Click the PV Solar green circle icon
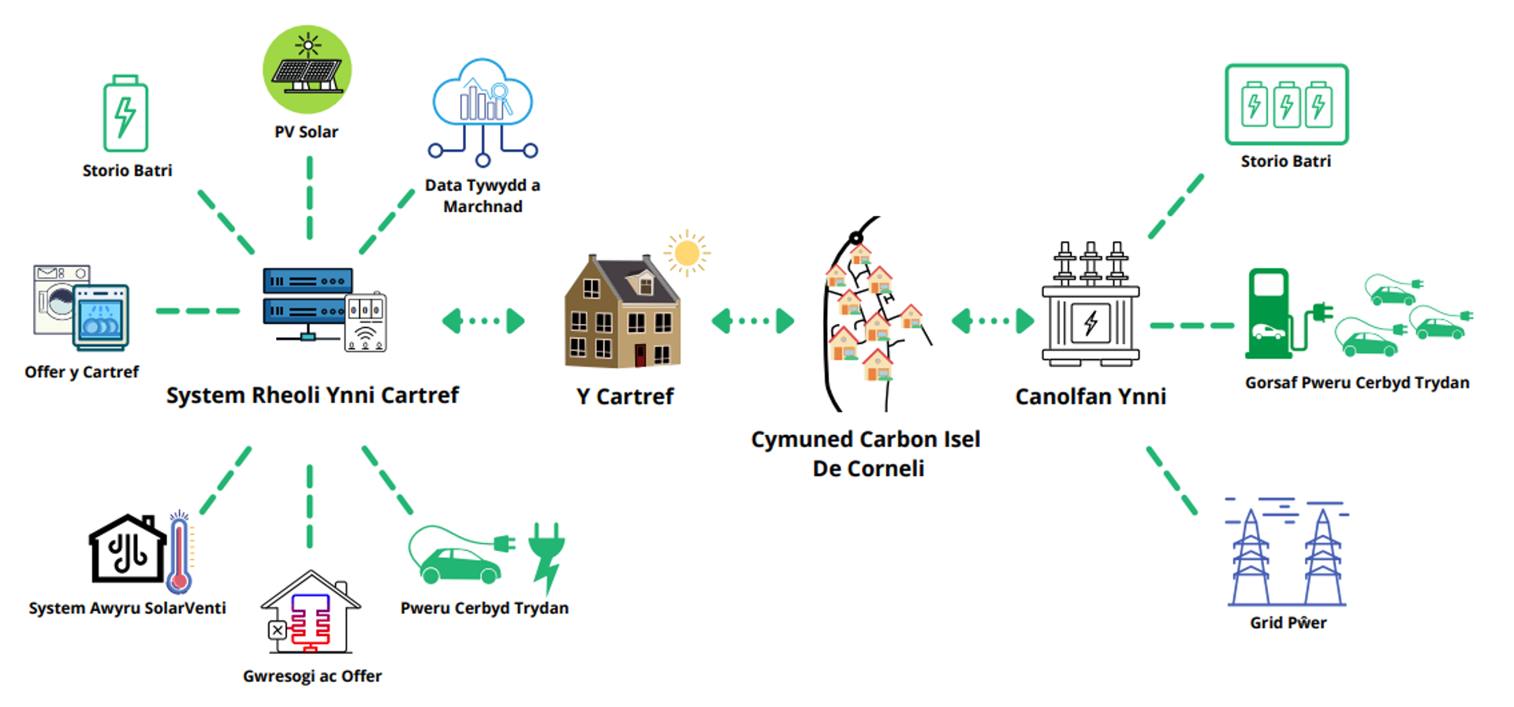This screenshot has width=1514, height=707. tap(307, 69)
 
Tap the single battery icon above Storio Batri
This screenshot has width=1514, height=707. tap(125, 114)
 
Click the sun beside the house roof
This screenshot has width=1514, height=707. tap(686, 253)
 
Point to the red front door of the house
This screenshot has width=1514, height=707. tap(640, 355)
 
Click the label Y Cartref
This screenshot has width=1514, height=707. tap(625, 396)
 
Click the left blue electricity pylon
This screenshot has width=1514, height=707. tap(1251, 558)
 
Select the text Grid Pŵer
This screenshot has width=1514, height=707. tap(1288, 623)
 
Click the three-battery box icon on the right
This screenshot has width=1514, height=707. tap(1286, 105)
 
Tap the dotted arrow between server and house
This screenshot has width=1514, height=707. tap(483, 321)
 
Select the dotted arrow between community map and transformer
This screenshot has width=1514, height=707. tap(993, 321)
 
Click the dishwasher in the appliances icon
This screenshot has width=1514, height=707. tap(101, 318)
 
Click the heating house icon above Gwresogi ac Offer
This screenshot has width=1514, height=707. tap(311, 612)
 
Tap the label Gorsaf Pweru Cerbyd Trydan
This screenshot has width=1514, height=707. tap(1356, 383)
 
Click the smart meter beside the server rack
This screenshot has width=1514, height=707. tap(365, 322)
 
